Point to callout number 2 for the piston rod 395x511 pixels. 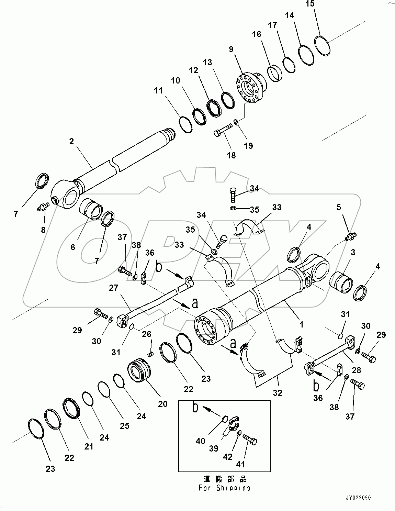point(71,142)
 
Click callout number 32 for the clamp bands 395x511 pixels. point(277,392)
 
